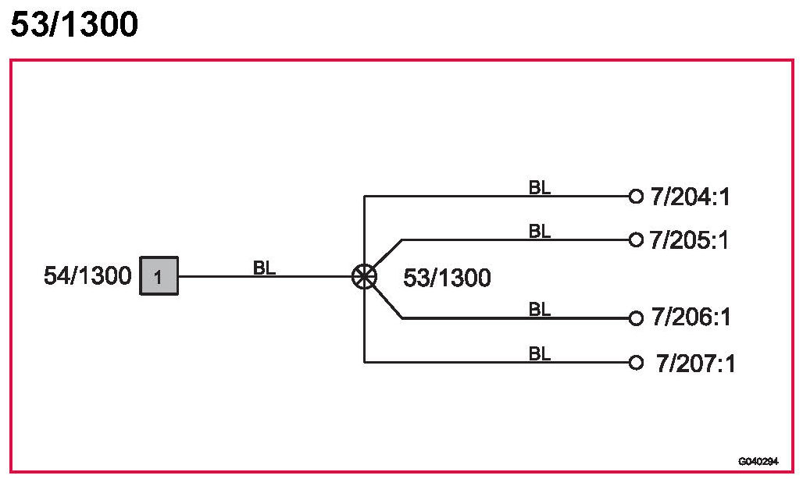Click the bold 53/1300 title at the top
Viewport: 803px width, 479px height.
[x=74, y=25]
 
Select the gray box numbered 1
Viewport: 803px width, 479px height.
[x=159, y=276]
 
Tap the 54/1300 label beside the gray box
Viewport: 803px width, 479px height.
[x=87, y=276]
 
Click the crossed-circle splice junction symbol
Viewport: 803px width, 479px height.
[x=364, y=275]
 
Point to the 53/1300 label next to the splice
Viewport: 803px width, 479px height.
[x=447, y=278]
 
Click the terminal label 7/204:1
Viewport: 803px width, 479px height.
[x=690, y=197]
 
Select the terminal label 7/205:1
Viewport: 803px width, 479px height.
[x=689, y=239]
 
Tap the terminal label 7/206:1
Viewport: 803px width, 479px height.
[x=690, y=318]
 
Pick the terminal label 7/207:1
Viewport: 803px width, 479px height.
[x=695, y=363]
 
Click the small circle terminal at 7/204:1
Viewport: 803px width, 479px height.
[x=636, y=196]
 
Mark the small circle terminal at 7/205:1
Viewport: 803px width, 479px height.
[x=636, y=239]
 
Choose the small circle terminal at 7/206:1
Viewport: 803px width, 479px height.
[x=636, y=318]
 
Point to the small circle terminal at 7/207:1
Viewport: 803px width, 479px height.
[x=636, y=362]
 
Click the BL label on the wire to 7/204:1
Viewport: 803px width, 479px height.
[x=540, y=187]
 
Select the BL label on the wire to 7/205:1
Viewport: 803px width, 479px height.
[x=540, y=231]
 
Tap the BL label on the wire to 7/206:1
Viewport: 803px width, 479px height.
[x=540, y=310]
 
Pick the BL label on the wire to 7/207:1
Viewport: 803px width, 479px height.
[x=540, y=354]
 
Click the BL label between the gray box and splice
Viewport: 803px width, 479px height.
[x=265, y=268]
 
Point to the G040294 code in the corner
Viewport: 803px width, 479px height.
[x=758, y=461]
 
